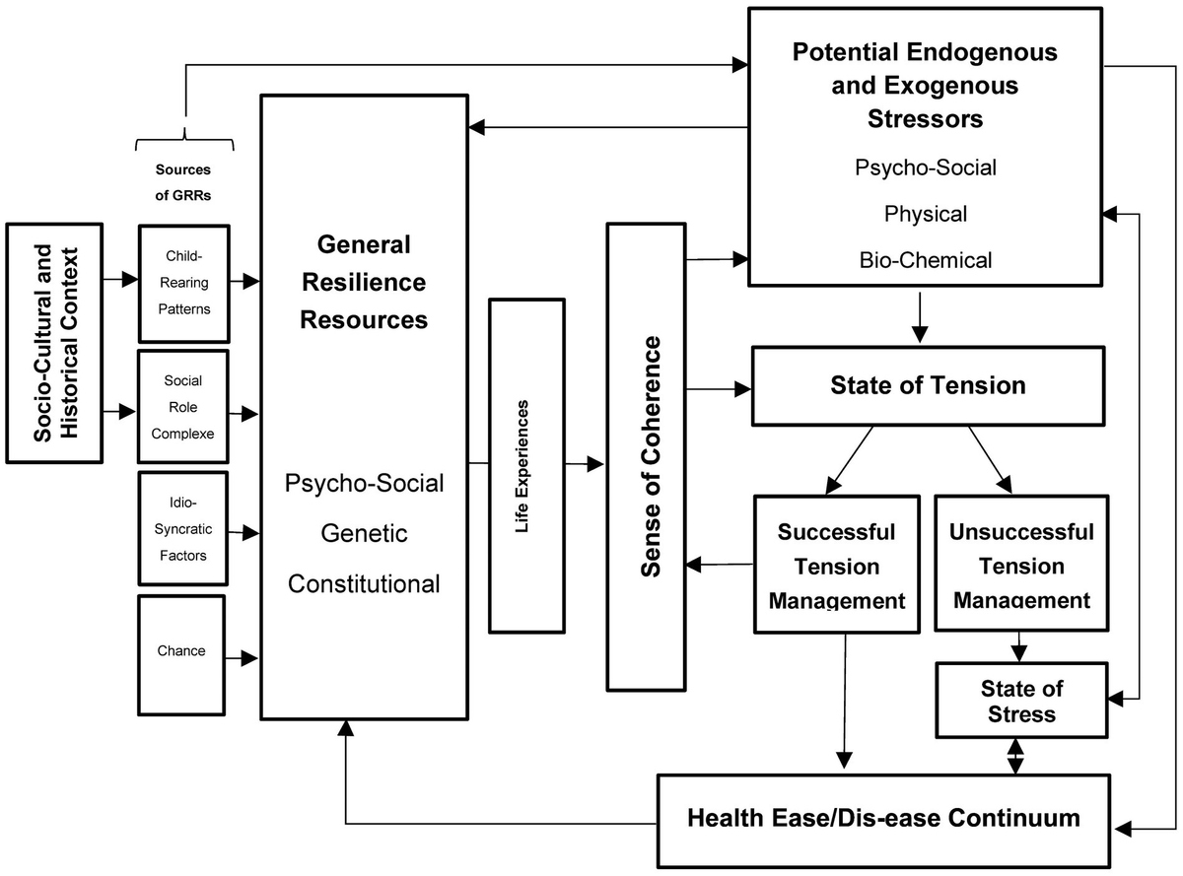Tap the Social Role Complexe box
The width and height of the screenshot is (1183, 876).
(x=183, y=406)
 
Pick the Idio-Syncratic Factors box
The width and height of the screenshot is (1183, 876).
(x=183, y=528)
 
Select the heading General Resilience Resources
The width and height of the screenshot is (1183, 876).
(x=364, y=282)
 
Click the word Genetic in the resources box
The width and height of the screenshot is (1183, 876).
(x=364, y=534)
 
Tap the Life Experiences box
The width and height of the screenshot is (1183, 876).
(x=526, y=466)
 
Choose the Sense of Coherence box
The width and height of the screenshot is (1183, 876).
(x=648, y=456)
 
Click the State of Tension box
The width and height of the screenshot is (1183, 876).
(x=927, y=385)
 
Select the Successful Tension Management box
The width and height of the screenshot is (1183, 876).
(x=836, y=565)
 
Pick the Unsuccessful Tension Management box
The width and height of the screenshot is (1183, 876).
(x=1020, y=565)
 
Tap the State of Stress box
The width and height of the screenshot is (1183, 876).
(x=1020, y=700)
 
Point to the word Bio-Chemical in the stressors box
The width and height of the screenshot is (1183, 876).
(x=925, y=260)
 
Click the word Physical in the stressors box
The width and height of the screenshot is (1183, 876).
(x=925, y=214)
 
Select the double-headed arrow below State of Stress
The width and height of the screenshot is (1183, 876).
(x=1015, y=757)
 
